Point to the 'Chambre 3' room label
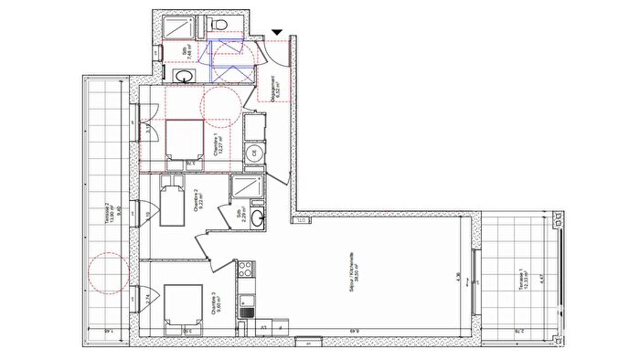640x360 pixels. [214, 304]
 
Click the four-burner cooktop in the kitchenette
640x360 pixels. [245, 270]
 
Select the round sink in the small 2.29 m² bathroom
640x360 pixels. [259, 217]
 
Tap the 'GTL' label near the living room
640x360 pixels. [298, 220]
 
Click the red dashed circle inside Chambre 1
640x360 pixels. [219, 105]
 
